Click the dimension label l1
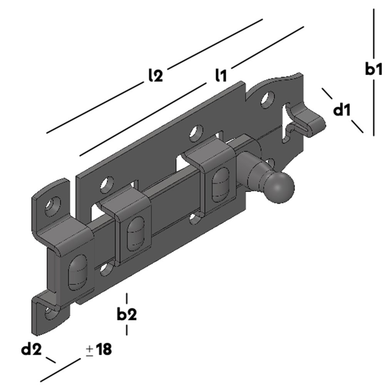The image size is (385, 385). click(221, 75)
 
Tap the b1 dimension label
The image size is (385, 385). click(373, 70)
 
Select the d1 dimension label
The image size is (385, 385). click(342, 110)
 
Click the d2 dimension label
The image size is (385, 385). click(31, 350)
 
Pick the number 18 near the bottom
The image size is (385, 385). click(104, 350)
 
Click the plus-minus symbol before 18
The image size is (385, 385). click(89, 350)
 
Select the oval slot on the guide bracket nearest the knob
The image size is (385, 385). click(220, 184)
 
